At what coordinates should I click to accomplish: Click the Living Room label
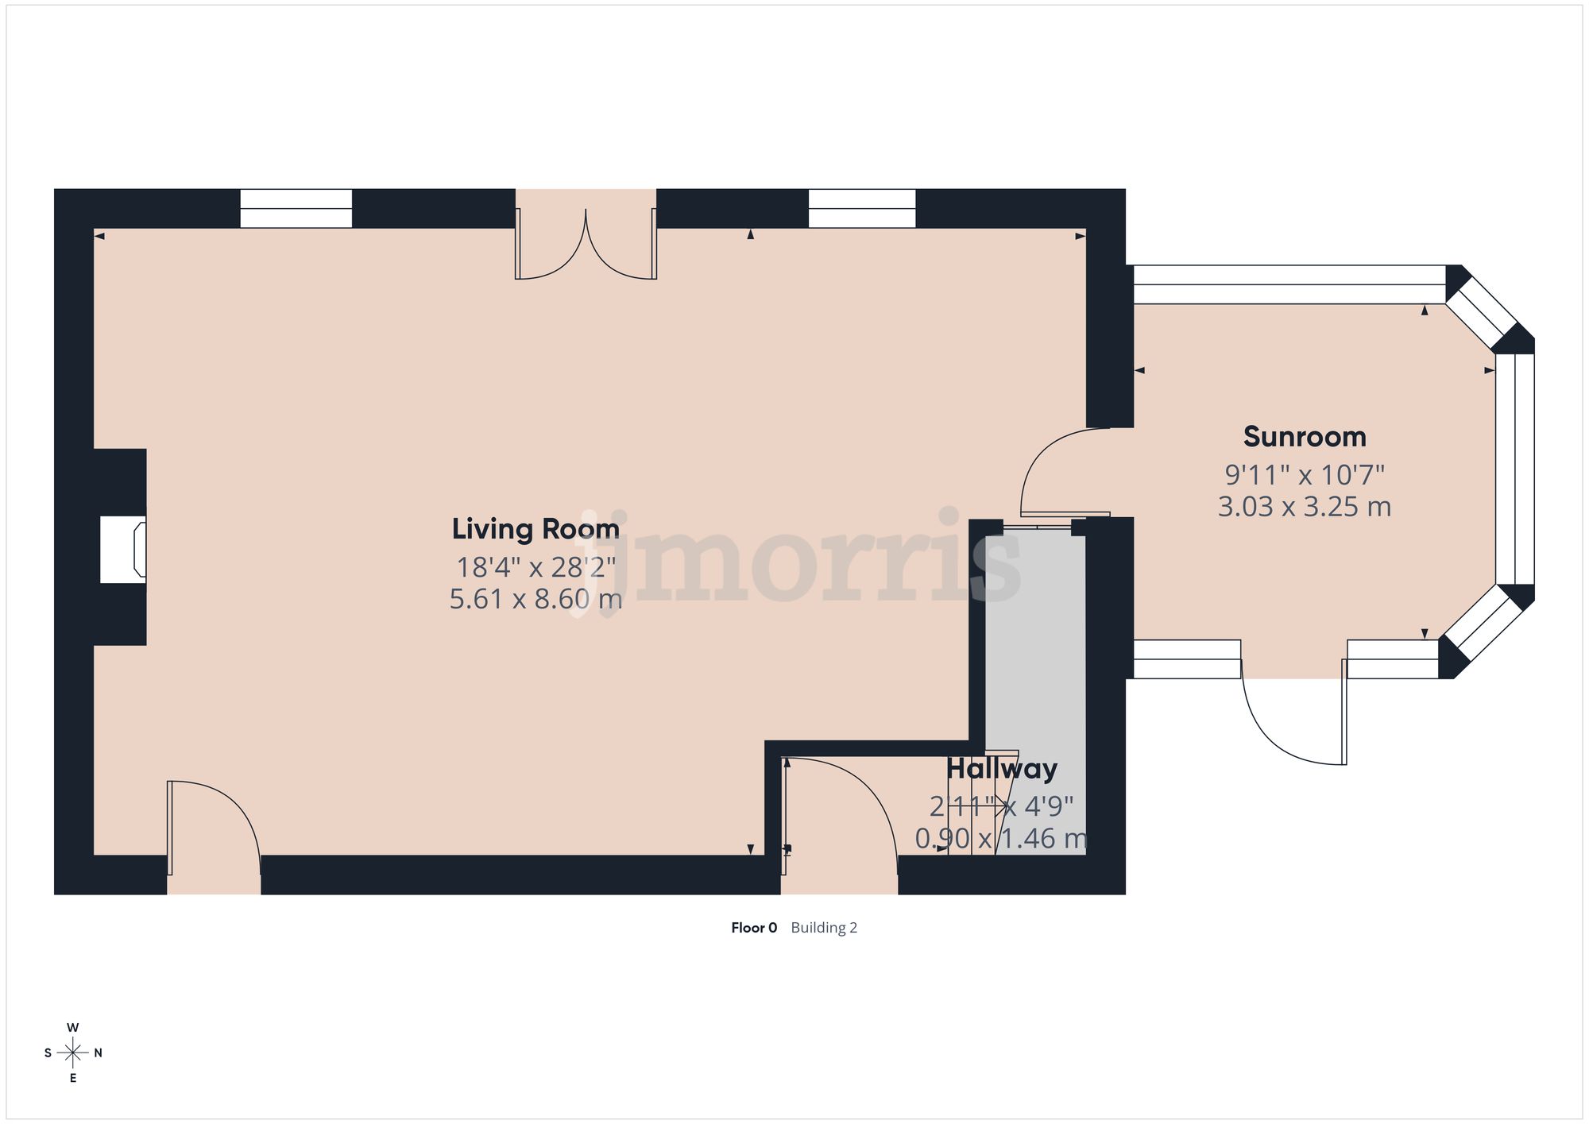point(535,529)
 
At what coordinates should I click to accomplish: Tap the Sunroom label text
point(1305,437)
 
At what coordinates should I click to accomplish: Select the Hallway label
point(1001,769)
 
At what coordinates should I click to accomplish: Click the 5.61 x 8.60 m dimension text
point(535,599)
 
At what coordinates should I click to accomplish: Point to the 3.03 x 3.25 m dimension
point(1305,507)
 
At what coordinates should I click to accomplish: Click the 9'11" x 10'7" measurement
point(1305,475)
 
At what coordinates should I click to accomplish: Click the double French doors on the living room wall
point(586,242)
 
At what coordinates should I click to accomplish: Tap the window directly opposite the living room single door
point(296,208)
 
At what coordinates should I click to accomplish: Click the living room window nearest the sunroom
point(862,208)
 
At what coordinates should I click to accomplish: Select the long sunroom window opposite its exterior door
point(1289,284)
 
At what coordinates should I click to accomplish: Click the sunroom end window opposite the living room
point(1515,469)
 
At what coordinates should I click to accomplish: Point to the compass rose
point(73,1053)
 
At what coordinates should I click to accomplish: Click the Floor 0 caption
point(754,928)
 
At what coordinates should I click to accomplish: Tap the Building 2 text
point(824,928)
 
